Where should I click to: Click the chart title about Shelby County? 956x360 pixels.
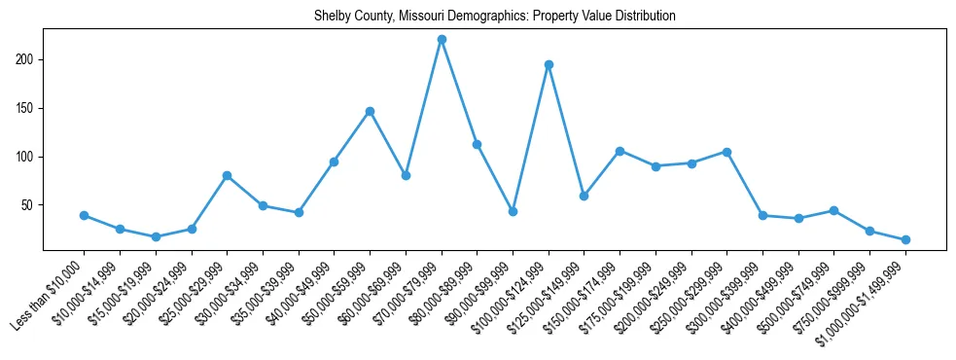(x=494, y=17)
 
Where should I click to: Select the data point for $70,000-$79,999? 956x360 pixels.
(x=442, y=39)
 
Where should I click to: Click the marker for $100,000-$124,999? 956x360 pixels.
(x=549, y=64)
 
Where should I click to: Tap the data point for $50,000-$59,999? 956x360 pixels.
(x=370, y=111)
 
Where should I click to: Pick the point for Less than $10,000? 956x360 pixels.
(x=84, y=215)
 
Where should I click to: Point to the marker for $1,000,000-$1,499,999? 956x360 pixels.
(x=905, y=239)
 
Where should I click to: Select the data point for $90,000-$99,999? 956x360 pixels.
(x=513, y=211)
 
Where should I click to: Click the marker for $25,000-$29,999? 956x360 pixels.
(x=227, y=175)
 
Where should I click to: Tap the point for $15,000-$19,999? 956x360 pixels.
(x=156, y=236)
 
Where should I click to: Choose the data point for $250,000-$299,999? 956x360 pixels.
(x=726, y=152)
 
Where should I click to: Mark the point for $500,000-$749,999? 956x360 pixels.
(x=834, y=210)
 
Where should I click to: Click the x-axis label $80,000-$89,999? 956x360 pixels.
(x=443, y=292)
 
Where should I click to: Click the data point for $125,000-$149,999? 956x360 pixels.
(x=584, y=196)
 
